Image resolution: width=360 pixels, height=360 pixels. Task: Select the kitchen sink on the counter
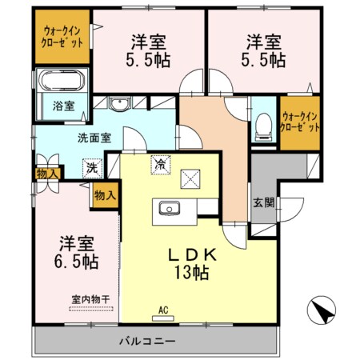coord(170,209)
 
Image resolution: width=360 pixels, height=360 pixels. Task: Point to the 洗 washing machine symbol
coord(93,169)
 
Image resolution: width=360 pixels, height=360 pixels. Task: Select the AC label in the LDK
coord(162,310)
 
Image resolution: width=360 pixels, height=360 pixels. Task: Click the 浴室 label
coord(63,105)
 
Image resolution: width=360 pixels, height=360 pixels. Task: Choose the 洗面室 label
coord(94,137)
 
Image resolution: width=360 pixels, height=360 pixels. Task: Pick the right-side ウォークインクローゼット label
coord(299,122)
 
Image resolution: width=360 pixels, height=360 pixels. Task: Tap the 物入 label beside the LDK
coord(105,194)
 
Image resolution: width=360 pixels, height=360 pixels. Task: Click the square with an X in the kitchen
coord(191,178)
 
